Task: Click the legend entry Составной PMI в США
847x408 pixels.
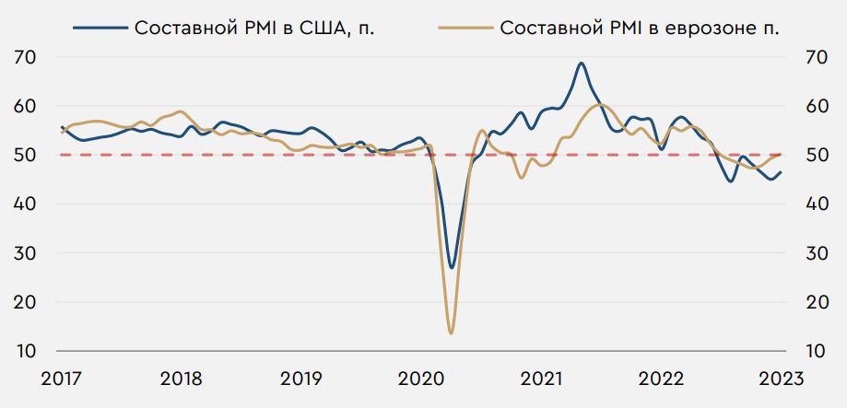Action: click(254, 27)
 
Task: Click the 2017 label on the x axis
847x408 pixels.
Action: click(62, 379)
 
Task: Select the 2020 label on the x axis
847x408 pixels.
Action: click(421, 379)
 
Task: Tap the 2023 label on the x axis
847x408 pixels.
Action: click(780, 379)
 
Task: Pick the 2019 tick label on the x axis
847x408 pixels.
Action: click(301, 379)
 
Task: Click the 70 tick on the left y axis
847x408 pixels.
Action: click(26, 57)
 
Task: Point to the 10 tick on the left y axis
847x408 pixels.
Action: click(26, 351)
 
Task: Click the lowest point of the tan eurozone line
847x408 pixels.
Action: click(451, 332)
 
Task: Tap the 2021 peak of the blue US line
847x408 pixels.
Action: click(581, 64)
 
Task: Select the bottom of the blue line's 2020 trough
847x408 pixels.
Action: click(452, 267)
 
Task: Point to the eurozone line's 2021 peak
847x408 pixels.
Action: click(600, 105)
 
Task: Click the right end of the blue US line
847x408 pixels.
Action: click(781, 172)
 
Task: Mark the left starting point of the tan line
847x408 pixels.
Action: click(62, 133)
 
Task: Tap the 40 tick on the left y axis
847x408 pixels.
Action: click(26, 204)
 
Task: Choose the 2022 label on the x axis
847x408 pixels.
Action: click(661, 379)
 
